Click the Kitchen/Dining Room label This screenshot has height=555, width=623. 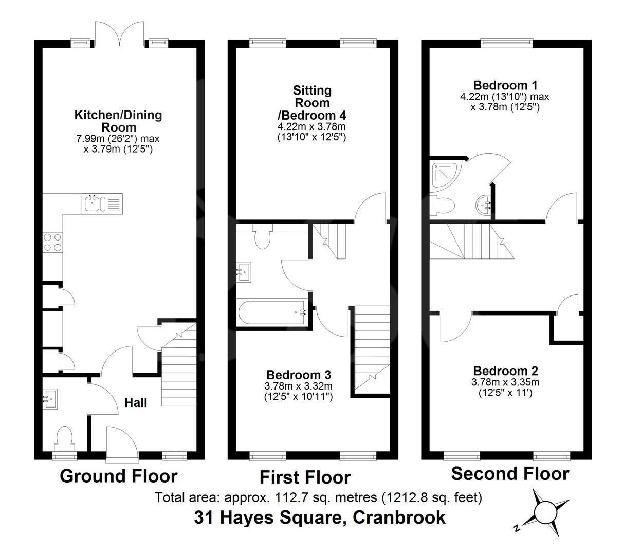point(118,121)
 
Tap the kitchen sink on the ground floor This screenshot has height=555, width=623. point(102,203)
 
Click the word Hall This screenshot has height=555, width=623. point(136,402)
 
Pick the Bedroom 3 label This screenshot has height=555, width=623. point(298,375)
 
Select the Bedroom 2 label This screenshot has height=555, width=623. point(505,371)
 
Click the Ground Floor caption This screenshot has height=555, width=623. point(119,476)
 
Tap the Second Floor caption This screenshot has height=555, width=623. point(510,473)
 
